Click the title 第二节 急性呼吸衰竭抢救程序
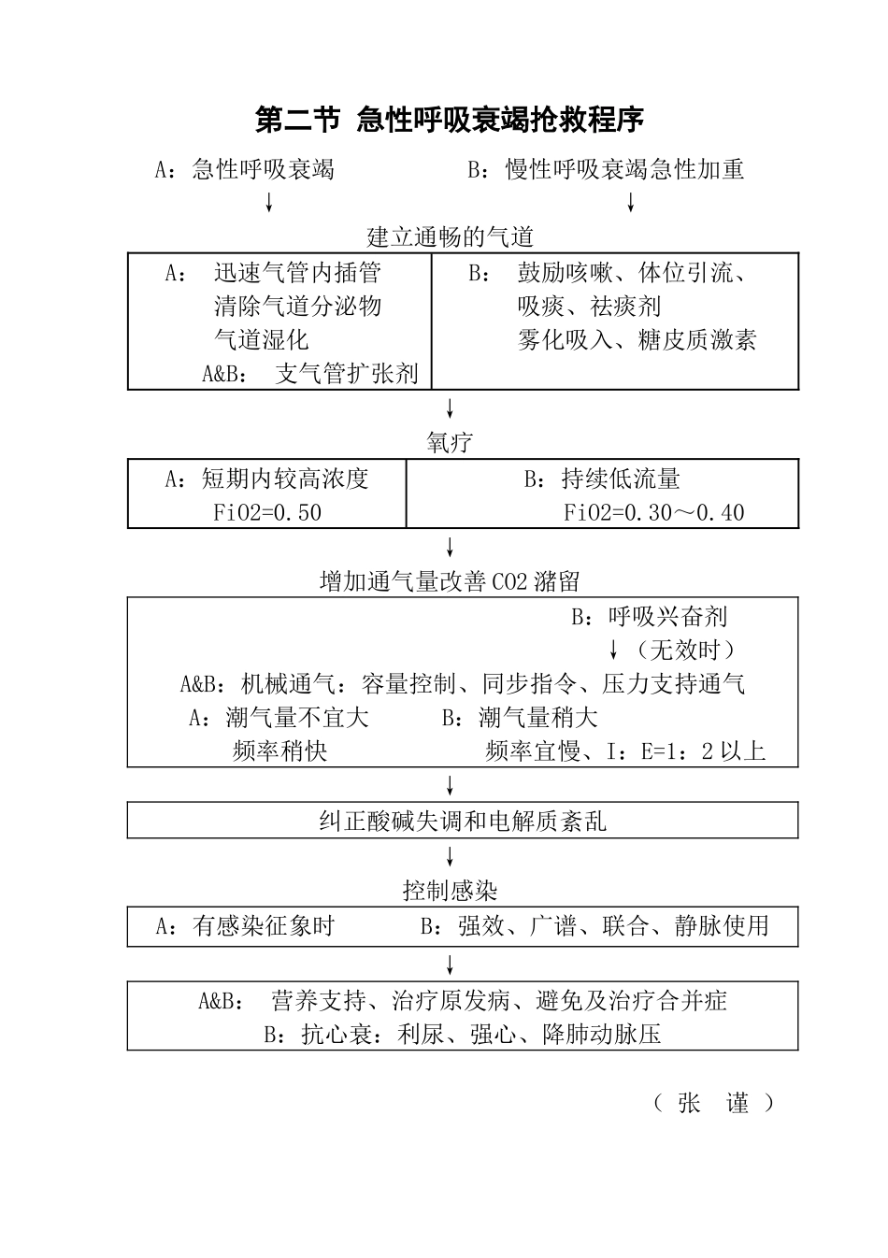coord(450,121)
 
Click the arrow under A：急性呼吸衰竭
coord(269,202)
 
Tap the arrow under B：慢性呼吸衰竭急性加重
coord(631,202)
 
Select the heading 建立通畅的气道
coord(450,237)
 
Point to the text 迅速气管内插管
coord(297,273)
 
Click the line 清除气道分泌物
coord(297,307)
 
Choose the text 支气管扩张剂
coord(347,374)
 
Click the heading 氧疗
coord(450,443)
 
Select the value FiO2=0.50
coord(267,513)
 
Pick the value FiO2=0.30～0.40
coord(653,513)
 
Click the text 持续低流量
coord(620,479)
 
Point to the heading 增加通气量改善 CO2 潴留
coord(450,582)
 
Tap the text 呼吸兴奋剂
coord(667,617)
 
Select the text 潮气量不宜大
coord(297,718)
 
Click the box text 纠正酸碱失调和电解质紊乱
coord(463,822)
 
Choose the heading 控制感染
coord(450,891)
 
